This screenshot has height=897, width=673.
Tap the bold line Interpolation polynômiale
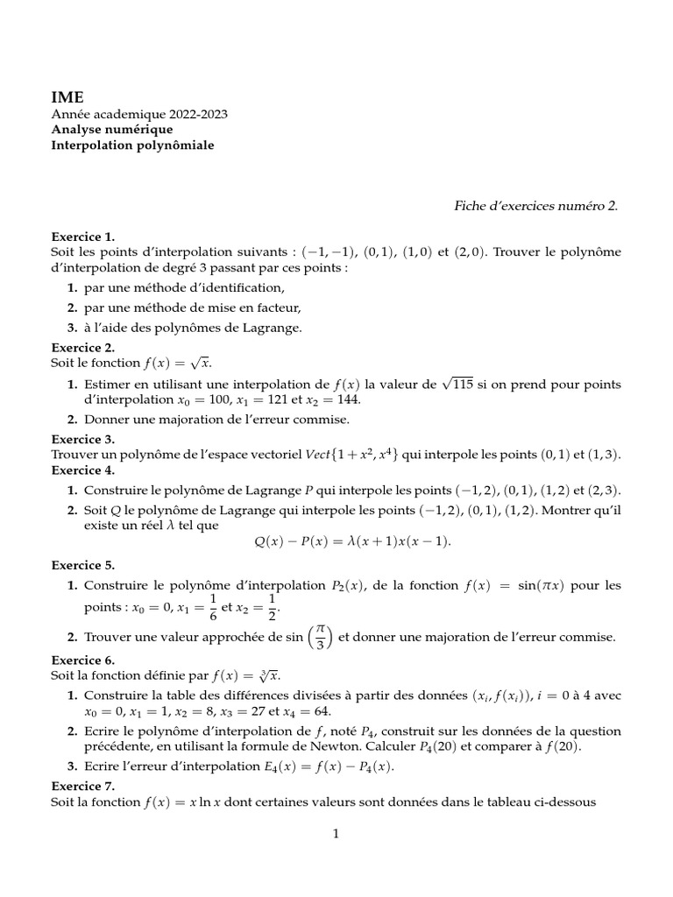tap(132, 145)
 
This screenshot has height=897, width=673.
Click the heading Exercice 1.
tap(83, 237)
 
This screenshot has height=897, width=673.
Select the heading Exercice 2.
tap(83, 347)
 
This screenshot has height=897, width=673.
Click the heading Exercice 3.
tap(83, 439)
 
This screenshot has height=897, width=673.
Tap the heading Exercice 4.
tap(83, 470)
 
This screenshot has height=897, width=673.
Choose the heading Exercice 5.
tap(83, 565)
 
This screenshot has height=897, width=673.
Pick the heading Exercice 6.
tap(83, 660)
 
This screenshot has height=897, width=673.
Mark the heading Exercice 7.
tap(83, 786)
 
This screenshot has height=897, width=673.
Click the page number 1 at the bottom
tap(336, 834)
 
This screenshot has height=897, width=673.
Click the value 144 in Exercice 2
tap(347, 399)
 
